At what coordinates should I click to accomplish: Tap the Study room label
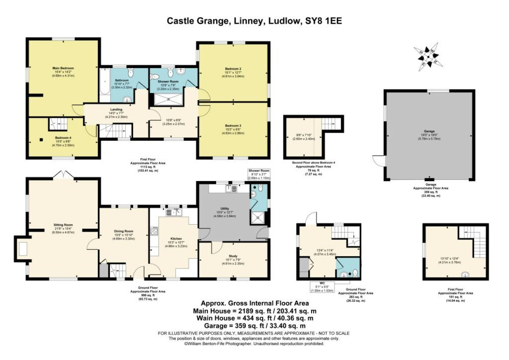tap(233, 256)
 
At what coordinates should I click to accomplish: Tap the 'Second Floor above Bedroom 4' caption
tap(313, 163)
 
